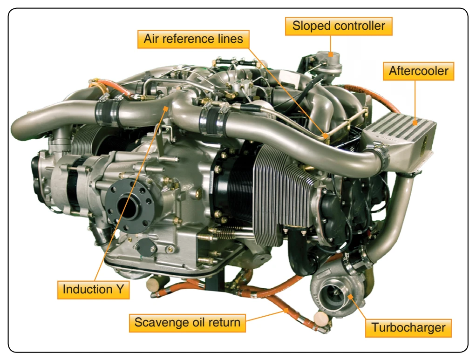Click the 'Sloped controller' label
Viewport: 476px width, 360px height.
pos(339,26)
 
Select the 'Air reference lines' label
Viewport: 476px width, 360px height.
pos(193,39)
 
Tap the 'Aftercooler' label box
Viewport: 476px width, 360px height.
pos(418,71)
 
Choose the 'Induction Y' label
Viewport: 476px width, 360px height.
pos(94,290)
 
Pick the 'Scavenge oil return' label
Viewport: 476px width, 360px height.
pos(187,323)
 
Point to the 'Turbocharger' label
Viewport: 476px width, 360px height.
pos(408,328)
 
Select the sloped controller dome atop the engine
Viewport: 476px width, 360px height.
pos(329,60)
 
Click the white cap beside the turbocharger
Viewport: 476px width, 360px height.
pos(321,318)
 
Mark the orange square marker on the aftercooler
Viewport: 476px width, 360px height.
pos(415,122)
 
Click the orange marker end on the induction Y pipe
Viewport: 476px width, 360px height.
pos(165,109)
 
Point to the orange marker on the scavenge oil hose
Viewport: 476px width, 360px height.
pos(286,310)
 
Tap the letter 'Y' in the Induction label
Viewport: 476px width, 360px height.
pos(120,290)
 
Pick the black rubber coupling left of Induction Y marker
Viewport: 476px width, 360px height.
pos(107,113)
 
